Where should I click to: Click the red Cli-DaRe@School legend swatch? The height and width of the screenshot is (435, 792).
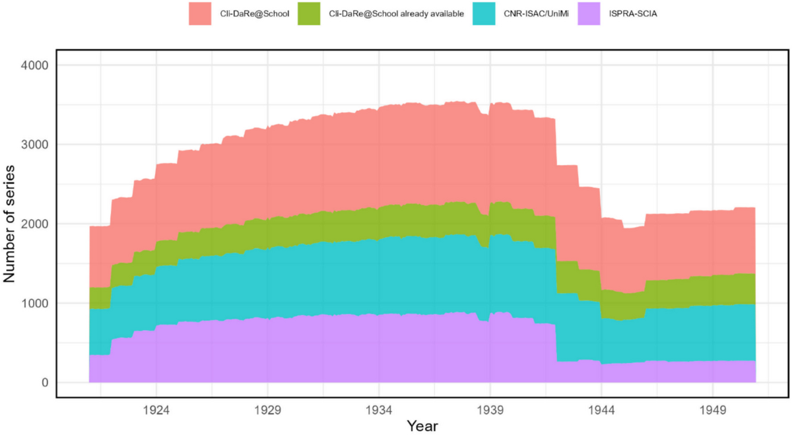coord(201,13)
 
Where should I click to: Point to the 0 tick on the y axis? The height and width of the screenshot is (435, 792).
coord(44,383)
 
